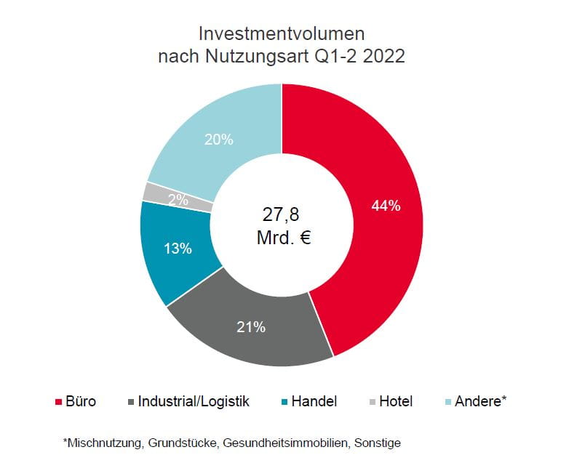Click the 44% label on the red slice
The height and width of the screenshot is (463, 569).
pyautogui.click(x=386, y=206)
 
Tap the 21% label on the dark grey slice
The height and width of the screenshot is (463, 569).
pyautogui.click(x=251, y=327)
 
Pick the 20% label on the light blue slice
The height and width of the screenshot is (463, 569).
pyautogui.click(x=218, y=140)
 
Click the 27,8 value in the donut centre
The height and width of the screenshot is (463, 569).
pyautogui.click(x=281, y=214)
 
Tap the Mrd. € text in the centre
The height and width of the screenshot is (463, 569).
pyautogui.click(x=283, y=238)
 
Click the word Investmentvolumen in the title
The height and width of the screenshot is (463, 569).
pyautogui.click(x=282, y=33)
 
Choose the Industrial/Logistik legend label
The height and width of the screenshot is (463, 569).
pyautogui.click(x=194, y=402)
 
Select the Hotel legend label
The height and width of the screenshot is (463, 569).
pyautogui.click(x=396, y=402)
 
